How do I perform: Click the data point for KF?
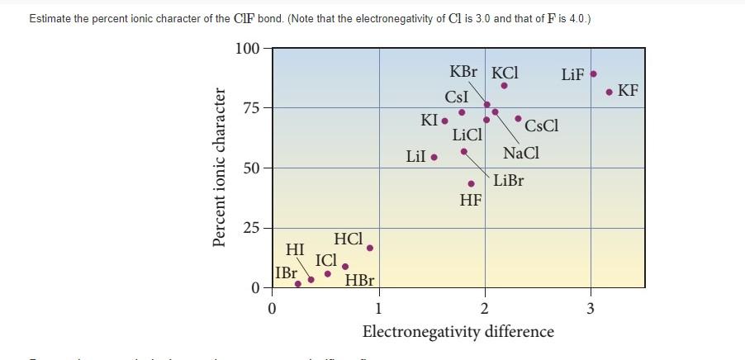pyautogui.click(x=609, y=92)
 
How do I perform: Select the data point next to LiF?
pyautogui.click(x=593, y=74)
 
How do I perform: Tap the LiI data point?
pyautogui.click(x=434, y=156)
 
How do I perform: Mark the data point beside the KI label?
pyautogui.click(x=445, y=121)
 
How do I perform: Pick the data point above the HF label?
pyautogui.click(x=472, y=183)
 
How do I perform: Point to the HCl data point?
pyautogui.click(x=370, y=248)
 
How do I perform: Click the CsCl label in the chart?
pyautogui.click(x=541, y=126)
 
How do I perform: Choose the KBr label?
pyautogui.click(x=463, y=72)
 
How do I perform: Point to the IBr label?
pyautogui.click(x=287, y=272)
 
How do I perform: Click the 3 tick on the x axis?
pyautogui.click(x=590, y=310)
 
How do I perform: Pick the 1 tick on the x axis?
pyautogui.click(x=378, y=310)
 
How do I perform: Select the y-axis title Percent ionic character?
pyautogui.click(x=220, y=168)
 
